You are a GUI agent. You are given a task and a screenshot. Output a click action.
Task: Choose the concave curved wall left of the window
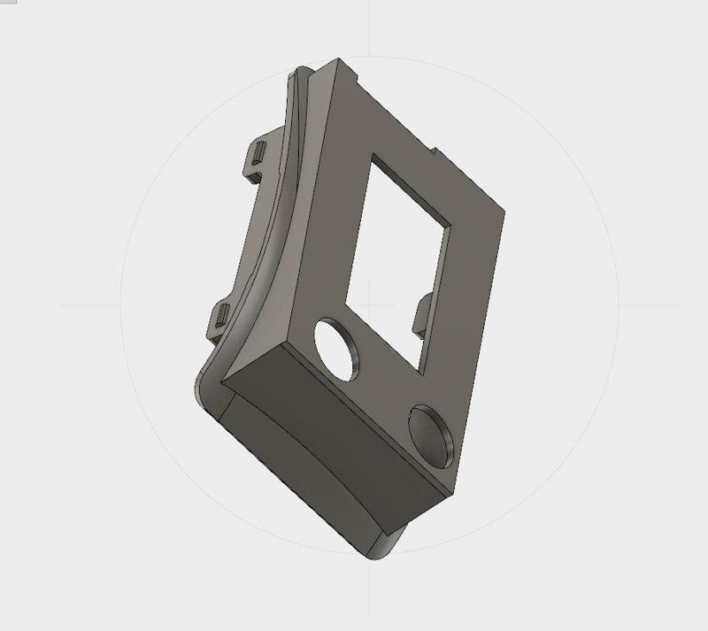pyautogui.click(x=327, y=221)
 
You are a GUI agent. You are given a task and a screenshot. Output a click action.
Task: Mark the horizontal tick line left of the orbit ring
pyautogui.click(x=88, y=306)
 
